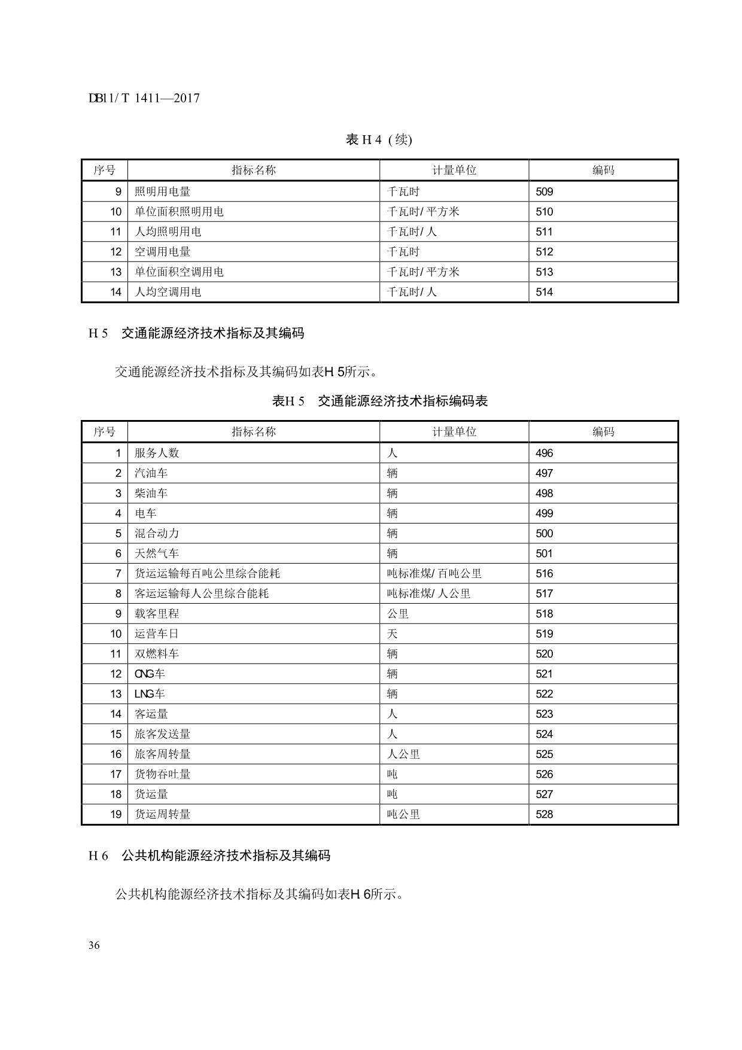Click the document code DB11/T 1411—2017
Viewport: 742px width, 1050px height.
(144, 98)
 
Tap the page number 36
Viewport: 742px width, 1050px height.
(94, 945)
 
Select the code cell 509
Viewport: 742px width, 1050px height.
(544, 191)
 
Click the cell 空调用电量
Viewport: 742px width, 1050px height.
(162, 252)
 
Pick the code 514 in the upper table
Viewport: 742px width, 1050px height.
(544, 292)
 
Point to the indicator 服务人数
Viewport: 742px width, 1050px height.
(157, 453)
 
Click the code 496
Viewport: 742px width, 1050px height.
(544, 453)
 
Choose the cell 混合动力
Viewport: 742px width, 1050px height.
(157, 533)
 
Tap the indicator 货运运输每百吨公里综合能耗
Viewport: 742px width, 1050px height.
(207, 573)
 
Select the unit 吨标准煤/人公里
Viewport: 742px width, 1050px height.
(428, 594)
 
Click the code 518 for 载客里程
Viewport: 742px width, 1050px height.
(544, 614)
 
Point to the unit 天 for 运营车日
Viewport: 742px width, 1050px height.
(393, 634)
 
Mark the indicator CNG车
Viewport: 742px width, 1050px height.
(150, 674)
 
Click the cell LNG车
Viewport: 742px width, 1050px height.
(150, 694)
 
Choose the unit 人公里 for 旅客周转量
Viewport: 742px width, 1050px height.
(403, 754)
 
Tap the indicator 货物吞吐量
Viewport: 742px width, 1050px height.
(162, 774)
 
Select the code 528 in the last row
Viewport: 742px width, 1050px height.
(544, 814)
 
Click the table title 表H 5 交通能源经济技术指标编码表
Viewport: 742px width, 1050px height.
(380, 401)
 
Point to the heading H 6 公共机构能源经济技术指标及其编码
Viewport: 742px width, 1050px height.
(209, 856)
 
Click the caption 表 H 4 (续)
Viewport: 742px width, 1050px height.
(379, 139)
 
